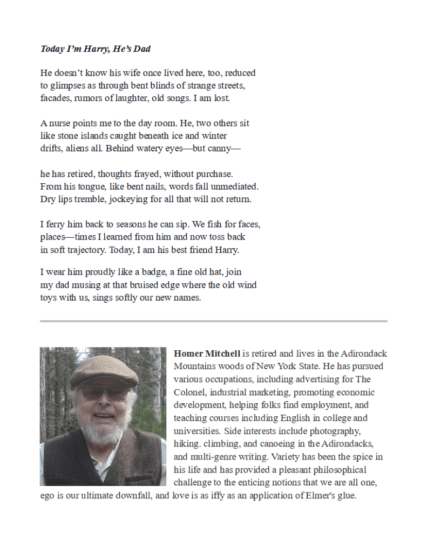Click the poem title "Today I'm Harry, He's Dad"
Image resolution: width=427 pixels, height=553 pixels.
pos(95,49)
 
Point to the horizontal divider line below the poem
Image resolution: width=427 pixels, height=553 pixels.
pos(213,321)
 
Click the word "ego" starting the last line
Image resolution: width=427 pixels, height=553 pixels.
pos(48,495)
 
